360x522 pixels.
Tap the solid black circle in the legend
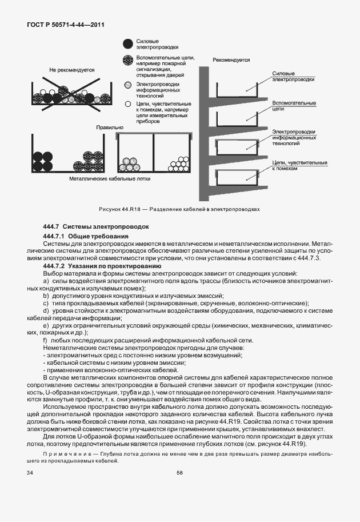tap(127, 43)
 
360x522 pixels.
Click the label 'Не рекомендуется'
tap(71, 70)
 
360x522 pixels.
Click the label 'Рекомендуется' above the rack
tap(231, 59)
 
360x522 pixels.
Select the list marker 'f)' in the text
tap(45, 340)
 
